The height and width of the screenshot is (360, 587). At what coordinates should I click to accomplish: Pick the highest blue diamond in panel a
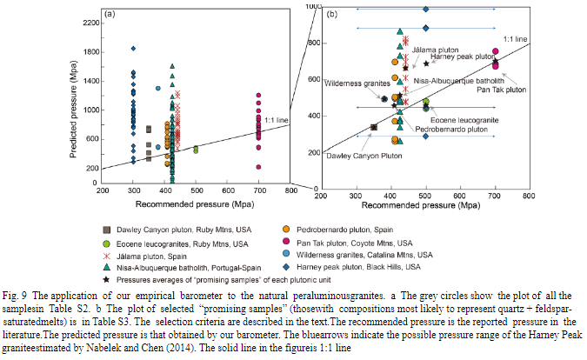coord(133,49)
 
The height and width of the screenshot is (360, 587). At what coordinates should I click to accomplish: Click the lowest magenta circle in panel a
coord(258,166)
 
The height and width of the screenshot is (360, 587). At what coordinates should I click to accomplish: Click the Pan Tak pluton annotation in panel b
coord(502,90)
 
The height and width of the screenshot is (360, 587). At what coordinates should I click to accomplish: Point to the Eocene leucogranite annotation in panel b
coord(457,117)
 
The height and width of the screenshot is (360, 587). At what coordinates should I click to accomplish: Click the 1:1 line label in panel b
coord(515,39)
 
